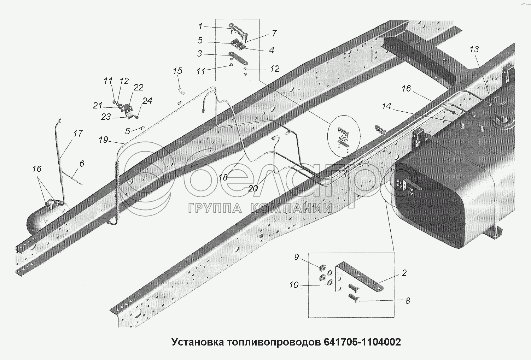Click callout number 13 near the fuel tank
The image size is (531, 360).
(x=474, y=49)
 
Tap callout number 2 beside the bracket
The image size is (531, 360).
(x=404, y=273)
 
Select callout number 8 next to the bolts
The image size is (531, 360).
(x=408, y=301)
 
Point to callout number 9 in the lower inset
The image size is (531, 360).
(x=297, y=257)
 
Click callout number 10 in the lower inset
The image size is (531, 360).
(x=294, y=285)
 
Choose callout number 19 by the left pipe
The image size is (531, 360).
(x=103, y=140)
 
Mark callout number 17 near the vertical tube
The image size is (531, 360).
(x=78, y=134)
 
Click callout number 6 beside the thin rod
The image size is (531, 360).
(x=82, y=164)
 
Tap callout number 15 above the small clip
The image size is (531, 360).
(x=177, y=71)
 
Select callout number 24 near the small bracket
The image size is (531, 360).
(x=147, y=101)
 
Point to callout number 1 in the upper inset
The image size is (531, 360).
(x=200, y=26)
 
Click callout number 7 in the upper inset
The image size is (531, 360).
(x=274, y=34)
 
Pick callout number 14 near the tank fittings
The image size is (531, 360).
(x=386, y=106)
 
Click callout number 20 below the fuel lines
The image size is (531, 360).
(x=253, y=189)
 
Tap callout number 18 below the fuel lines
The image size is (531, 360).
(x=223, y=177)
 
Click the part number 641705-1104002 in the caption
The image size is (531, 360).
(x=361, y=342)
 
